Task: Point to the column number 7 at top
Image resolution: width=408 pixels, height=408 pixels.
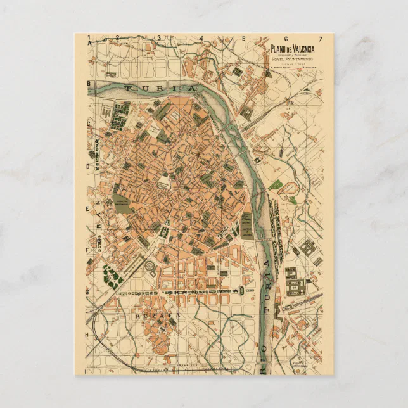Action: point(321,39)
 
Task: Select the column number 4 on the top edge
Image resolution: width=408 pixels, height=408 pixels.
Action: point(201,39)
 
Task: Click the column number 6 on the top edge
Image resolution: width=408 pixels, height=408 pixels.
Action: point(283,39)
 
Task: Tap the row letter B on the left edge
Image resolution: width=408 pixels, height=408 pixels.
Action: point(90,84)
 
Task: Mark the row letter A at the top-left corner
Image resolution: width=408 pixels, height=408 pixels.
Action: point(90,41)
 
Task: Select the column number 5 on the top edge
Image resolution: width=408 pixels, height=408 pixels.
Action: point(243,39)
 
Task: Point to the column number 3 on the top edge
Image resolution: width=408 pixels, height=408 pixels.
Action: point(161,39)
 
